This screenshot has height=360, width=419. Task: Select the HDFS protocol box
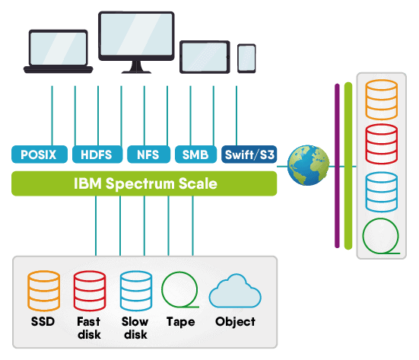96,155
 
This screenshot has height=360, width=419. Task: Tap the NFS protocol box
148,155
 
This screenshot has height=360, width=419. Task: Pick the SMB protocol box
196,155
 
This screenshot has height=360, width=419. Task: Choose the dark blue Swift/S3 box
249,155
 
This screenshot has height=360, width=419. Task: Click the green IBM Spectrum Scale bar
144,183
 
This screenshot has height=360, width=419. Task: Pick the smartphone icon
246,58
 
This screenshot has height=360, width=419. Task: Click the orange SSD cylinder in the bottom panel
43,290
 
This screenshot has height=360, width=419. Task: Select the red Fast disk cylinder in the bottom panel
89,290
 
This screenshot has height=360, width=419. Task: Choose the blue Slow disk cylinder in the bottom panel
135,290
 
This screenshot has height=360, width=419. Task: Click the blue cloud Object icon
234,292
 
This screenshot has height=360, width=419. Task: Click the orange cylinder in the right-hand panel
382,97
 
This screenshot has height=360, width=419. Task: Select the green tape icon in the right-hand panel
381,236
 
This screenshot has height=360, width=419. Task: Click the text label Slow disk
135,328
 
